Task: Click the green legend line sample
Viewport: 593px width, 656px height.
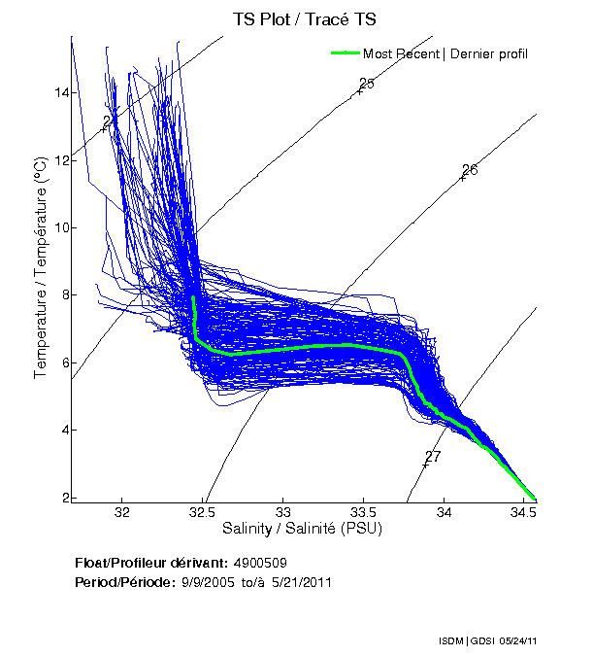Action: click(x=346, y=53)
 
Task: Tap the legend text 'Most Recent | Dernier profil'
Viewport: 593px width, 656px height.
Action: click(x=445, y=53)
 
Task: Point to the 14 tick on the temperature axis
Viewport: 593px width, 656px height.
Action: click(x=61, y=92)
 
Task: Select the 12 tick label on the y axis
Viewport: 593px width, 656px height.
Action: click(x=61, y=160)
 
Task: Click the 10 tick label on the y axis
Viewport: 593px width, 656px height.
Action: click(x=61, y=227)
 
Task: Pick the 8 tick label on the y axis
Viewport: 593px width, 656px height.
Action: click(x=63, y=295)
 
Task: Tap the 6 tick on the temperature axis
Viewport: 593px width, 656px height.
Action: click(x=63, y=363)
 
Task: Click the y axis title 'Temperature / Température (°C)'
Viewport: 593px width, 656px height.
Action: click(x=42, y=267)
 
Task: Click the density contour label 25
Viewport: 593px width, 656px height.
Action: click(x=366, y=84)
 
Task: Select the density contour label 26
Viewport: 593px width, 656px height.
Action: click(x=470, y=170)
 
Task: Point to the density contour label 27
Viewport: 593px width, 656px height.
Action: click(x=433, y=456)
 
